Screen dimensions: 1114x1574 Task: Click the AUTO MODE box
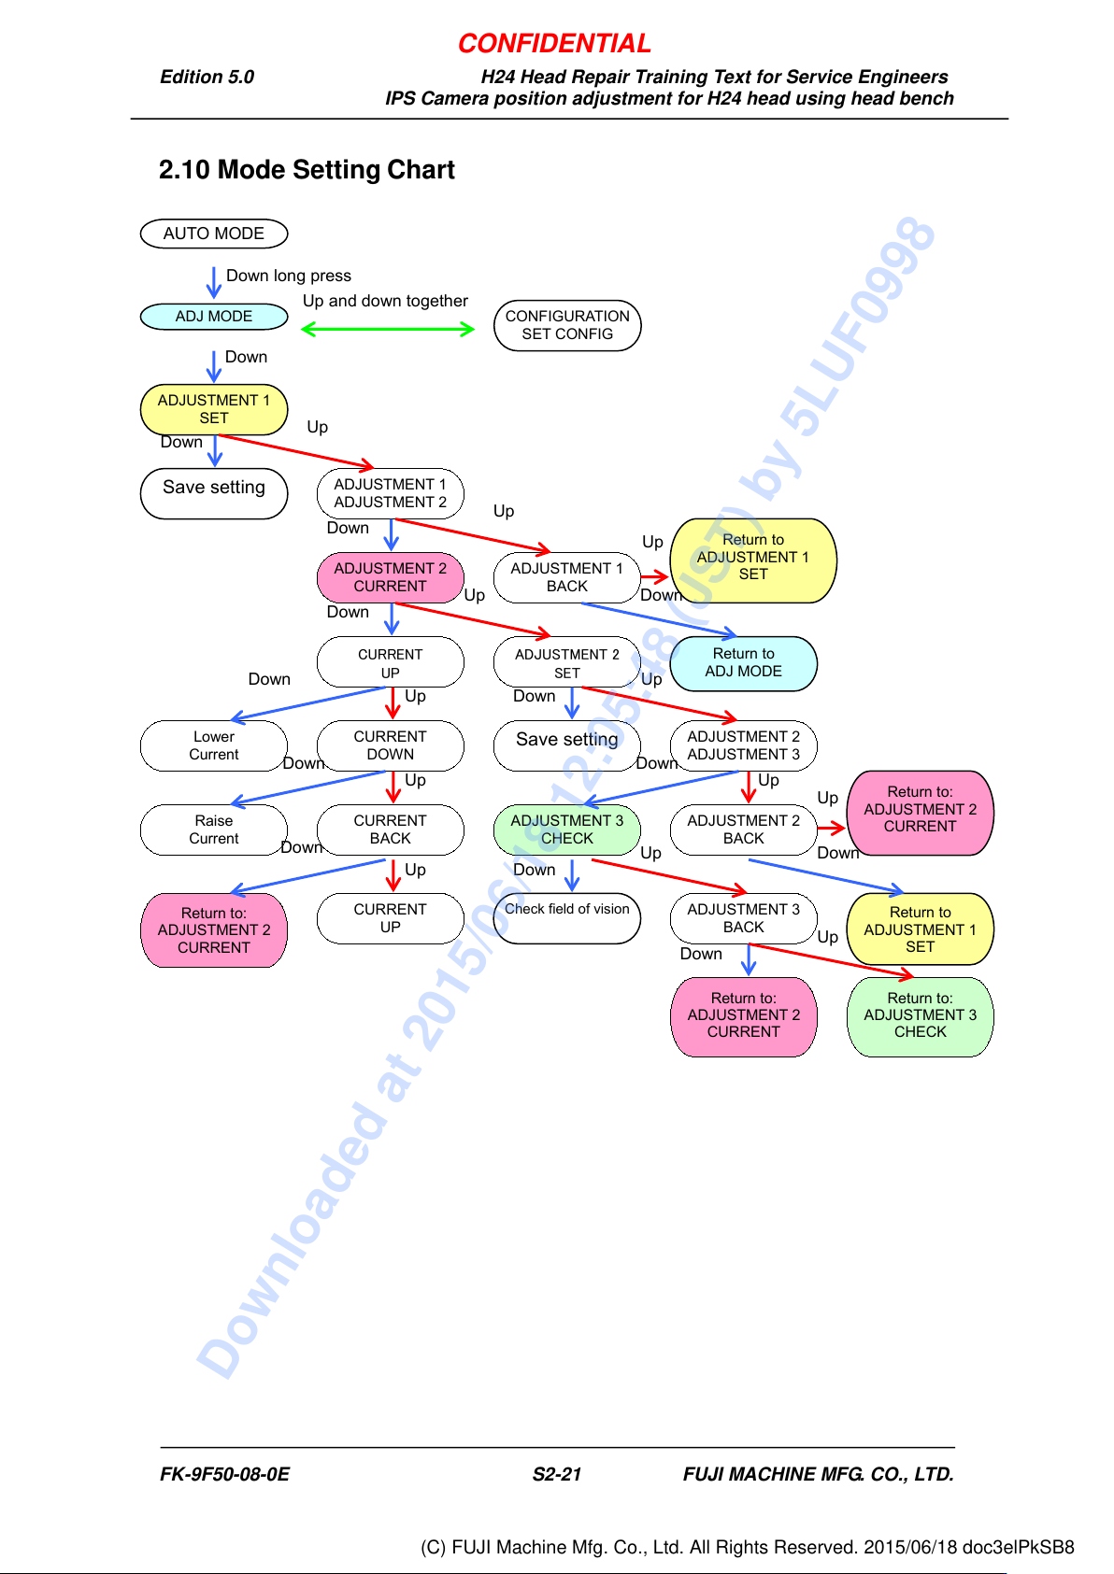click(x=214, y=234)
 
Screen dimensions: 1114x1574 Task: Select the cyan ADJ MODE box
click(x=214, y=317)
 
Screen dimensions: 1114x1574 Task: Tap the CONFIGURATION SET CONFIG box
click(x=567, y=325)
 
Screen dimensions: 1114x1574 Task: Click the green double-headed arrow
click(x=387, y=329)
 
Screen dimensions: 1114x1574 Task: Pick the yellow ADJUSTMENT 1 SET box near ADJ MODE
click(x=214, y=409)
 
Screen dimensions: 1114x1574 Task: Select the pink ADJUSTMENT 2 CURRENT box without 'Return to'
click(x=390, y=577)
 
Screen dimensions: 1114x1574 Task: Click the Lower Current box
click(x=214, y=745)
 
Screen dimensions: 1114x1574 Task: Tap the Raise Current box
click(x=214, y=830)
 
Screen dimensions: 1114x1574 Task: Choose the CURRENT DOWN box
click(x=390, y=745)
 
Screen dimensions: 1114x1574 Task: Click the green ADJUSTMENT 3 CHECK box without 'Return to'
click(x=567, y=830)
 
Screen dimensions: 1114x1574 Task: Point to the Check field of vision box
click(x=567, y=917)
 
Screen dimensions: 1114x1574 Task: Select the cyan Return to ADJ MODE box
click(x=744, y=663)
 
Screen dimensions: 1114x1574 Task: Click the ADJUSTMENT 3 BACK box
click(x=744, y=917)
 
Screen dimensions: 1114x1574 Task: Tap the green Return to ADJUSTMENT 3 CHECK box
click(x=920, y=1016)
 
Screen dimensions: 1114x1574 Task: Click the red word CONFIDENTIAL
click(x=554, y=44)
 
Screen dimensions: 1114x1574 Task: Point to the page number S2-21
click(x=557, y=1473)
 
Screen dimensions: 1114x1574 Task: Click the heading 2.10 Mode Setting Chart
click(x=307, y=170)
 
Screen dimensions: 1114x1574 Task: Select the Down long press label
click(x=288, y=276)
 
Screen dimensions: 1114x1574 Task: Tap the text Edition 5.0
click(x=207, y=77)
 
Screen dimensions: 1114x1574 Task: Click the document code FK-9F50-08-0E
click(x=224, y=1473)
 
